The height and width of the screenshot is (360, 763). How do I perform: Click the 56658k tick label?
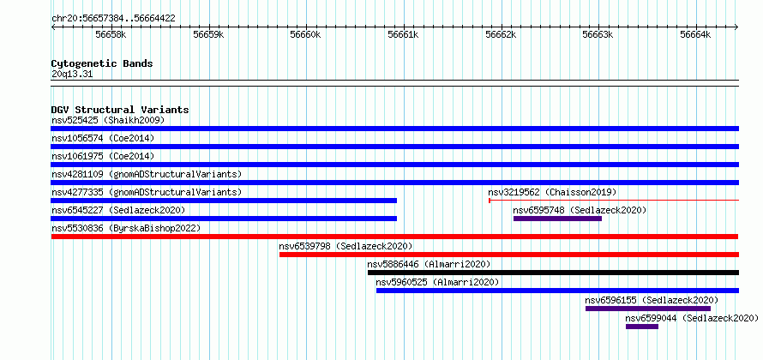111,34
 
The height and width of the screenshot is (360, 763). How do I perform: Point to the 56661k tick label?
403,34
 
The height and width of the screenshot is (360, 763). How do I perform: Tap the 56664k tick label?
695,34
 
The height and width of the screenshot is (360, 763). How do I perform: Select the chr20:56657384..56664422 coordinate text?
113,19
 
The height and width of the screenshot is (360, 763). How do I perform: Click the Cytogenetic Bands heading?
102,63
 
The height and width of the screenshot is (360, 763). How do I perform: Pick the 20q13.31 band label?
71,75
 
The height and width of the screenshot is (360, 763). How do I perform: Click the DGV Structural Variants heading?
120,110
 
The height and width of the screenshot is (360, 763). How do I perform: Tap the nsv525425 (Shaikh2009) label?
108,120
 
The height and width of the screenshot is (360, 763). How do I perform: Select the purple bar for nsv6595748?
557,219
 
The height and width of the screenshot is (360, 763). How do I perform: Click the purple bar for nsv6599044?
642,327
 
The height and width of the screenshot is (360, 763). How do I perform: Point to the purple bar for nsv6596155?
647,309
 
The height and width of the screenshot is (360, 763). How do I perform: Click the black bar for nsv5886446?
553,273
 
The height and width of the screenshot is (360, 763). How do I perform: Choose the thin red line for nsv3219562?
614,200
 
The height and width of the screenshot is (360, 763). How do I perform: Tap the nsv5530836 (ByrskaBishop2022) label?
126,228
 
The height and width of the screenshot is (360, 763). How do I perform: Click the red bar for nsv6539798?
509,255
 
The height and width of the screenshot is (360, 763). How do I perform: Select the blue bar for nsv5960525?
557,291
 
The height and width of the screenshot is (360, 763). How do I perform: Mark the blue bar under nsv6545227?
224,219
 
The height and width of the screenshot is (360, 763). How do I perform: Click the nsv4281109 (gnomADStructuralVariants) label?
147,174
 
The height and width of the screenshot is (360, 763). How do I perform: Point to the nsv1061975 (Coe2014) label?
103,156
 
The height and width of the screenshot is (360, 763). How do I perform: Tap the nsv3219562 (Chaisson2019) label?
552,192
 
